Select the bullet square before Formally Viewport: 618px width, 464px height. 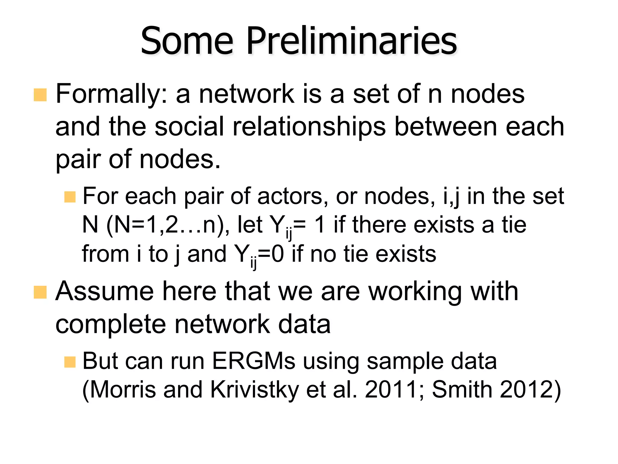[x=40, y=95]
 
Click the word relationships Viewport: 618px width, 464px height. [x=309, y=127]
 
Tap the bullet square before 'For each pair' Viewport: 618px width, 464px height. [x=70, y=197]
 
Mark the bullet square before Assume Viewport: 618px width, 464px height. [x=40, y=292]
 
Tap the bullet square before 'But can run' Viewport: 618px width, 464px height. [x=70, y=362]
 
